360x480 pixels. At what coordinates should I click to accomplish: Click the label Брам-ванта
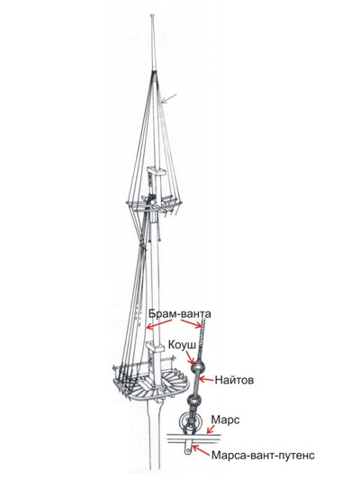(x=179, y=313)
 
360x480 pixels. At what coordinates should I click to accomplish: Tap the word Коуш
(x=182, y=345)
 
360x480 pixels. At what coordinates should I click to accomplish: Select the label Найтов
(x=234, y=380)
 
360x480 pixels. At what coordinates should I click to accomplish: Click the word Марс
(x=225, y=420)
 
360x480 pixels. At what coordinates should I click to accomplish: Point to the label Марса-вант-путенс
(x=263, y=455)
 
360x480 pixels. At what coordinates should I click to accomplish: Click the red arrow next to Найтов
(x=206, y=380)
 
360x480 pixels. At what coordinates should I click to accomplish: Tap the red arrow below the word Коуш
(x=190, y=357)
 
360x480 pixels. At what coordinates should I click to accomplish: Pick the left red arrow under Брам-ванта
(x=159, y=324)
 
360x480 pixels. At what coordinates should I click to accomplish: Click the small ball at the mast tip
(x=152, y=15)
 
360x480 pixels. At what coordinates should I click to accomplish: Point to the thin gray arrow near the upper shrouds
(x=168, y=98)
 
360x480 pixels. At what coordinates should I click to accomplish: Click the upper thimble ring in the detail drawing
(x=197, y=367)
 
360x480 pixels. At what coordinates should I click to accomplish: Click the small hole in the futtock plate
(x=187, y=450)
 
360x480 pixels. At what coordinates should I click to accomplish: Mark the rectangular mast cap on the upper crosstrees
(x=156, y=171)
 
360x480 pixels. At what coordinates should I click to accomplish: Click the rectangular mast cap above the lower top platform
(x=156, y=347)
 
